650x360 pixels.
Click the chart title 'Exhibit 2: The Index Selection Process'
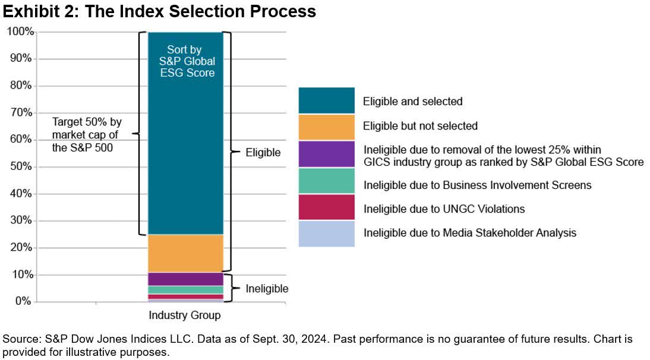tap(159, 11)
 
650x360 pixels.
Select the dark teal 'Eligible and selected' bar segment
tap(185, 154)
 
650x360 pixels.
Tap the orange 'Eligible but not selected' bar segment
tap(185, 253)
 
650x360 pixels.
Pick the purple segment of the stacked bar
tap(185, 279)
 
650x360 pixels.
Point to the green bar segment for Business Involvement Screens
tap(185, 290)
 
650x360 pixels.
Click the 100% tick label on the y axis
tap(19, 32)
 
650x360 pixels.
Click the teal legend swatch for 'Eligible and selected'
tap(326, 100)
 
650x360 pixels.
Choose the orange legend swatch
tap(326, 126)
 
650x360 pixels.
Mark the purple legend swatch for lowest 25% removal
tap(326, 154)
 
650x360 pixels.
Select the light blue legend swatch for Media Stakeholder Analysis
tap(326, 233)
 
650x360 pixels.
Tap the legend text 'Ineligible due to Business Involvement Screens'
tap(477, 185)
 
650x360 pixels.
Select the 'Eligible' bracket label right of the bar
tap(263, 153)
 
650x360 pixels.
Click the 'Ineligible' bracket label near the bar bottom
tap(267, 289)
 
